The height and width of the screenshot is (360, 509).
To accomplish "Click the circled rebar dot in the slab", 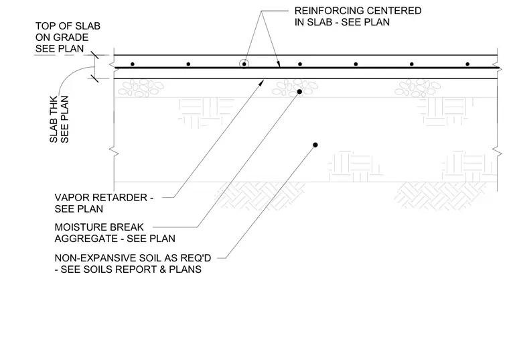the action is (x=244, y=64).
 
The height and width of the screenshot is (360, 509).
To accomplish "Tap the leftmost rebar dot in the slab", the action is (x=133, y=64).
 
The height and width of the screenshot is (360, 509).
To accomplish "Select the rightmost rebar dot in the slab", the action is (x=467, y=64).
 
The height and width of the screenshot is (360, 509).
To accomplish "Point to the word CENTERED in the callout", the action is (x=393, y=11).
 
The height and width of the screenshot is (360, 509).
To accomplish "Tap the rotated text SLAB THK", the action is (x=54, y=119).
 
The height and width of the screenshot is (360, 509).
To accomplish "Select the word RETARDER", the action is (x=119, y=198).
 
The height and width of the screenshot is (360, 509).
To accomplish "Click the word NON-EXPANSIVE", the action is (x=95, y=258).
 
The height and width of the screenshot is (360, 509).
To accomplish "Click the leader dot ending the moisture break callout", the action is (x=299, y=92).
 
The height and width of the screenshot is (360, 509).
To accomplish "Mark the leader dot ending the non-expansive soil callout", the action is (x=315, y=145).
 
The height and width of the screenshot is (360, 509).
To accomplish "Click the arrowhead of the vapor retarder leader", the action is (x=261, y=83).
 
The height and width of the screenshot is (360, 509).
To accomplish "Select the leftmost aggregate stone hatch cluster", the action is (x=141, y=88).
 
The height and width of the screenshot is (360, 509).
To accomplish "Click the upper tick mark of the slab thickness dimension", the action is (x=94, y=55).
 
